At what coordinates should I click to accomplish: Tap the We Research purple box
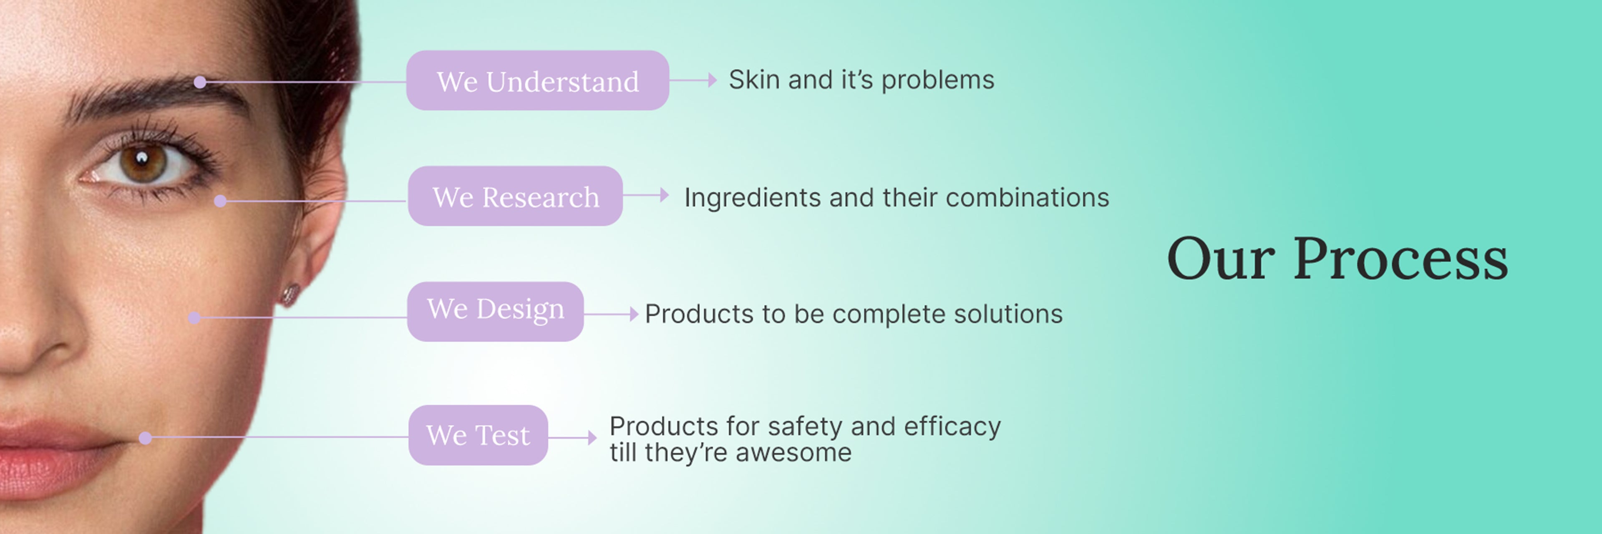[x=515, y=196]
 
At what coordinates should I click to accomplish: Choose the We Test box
[x=478, y=435]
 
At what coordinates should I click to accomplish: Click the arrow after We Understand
[x=693, y=80]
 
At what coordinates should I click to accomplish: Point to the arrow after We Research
[x=645, y=195]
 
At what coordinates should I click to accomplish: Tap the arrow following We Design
[x=611, y=314]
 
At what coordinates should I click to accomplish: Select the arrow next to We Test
[x=572, y=438]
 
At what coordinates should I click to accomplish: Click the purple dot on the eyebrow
[x=200, y=82]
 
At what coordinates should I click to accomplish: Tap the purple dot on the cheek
[x=194, y=317]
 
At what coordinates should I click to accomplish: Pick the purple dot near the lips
[x=145, y=438]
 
